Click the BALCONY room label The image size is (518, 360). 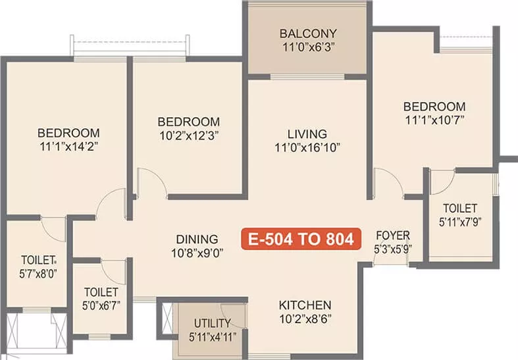coord(308,34)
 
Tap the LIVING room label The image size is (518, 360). coord(307,134)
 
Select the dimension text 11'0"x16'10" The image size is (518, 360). coord(307,147)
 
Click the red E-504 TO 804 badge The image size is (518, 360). coord(301,239)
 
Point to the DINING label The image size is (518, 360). coord(197,239)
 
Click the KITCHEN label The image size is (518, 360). coord(305,305)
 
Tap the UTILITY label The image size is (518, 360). coord(213,323)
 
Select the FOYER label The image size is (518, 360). coord(393,236)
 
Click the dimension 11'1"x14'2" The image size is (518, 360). coord(69,146)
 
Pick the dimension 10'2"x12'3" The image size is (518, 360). coord(189,136)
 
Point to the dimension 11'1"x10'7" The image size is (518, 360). coord(435,120)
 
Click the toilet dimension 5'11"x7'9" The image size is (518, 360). coord(460,222)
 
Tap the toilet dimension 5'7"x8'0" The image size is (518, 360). coord(38,274)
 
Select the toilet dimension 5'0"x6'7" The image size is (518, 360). coord(101,305)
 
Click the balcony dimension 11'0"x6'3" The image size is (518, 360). coord(309,47)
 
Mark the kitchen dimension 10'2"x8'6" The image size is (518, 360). coord(305,319)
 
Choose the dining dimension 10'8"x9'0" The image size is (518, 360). coord(197,253)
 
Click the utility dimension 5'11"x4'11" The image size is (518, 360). coord(213,337)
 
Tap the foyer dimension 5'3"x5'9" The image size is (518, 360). coord(393,249)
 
